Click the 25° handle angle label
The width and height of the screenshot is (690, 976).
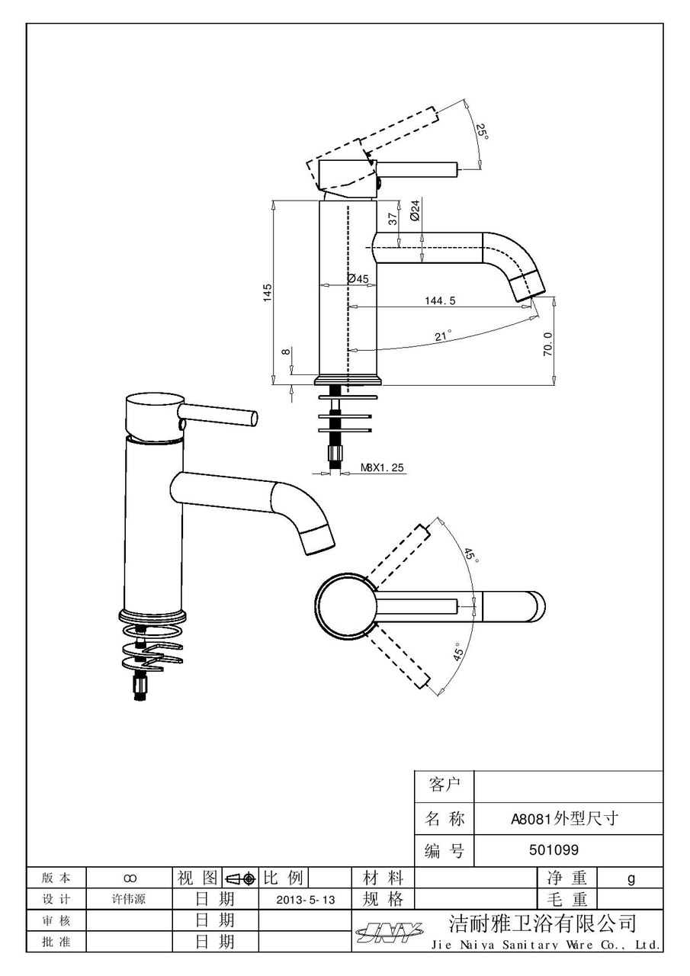click(482, 131)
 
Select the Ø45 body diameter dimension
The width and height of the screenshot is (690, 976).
click(358, 279)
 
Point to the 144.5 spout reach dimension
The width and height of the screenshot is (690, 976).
click(440, 301)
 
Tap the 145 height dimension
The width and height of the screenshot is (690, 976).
click(267, 292)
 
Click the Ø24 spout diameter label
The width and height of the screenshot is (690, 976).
click(416, 210)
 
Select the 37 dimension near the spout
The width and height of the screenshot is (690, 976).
click(393, 218)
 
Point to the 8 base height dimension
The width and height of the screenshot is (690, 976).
click(285, 352)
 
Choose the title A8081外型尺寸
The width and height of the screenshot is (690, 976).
click(564, 820)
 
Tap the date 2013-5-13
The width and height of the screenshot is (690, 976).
click(306, 900)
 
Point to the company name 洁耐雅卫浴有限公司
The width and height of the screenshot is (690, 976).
click(541, 924)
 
